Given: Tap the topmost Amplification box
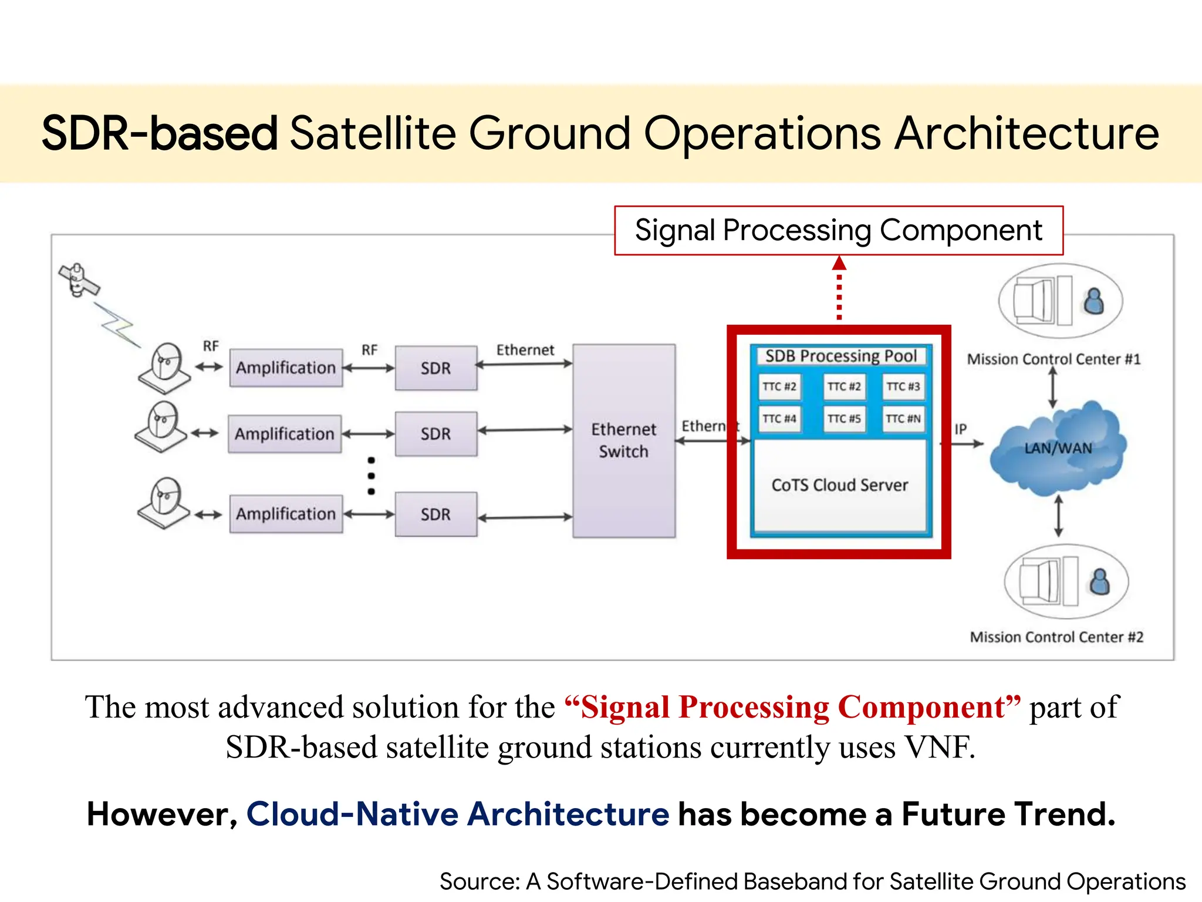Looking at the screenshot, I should coord(286,368).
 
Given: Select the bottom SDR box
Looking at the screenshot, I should coord(435,514).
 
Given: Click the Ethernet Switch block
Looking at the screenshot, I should coord(623,440).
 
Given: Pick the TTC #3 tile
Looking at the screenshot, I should coord(903,386).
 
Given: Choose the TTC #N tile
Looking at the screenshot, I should coord(903,419).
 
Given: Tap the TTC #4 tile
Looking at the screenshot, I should coord(779,419).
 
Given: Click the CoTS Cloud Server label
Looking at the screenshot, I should coord(839,485).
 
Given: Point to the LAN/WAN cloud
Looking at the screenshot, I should coord(1058,449).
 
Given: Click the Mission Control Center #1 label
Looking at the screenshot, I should coord(1054,359).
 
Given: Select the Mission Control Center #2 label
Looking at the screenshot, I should coord(1056,637).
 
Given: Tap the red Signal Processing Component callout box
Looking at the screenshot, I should coord(839,230).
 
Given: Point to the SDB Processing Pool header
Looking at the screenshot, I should coord(840,356).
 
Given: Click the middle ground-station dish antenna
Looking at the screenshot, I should coord(160,426).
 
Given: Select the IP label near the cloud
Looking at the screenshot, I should coord(960,429).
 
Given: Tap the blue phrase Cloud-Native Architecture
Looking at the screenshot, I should coord(458,814).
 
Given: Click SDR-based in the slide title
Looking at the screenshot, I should coord(159,133).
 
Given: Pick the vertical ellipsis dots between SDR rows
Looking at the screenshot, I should coord(371,476).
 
